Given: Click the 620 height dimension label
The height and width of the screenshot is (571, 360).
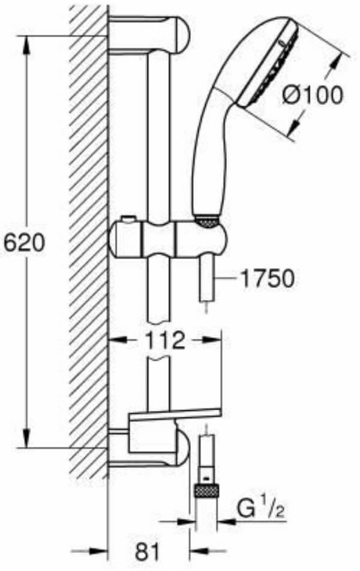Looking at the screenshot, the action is [24, 242].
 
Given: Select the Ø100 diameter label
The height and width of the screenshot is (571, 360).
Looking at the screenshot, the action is [313, 94].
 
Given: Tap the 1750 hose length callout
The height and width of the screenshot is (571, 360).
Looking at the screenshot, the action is [268, 278].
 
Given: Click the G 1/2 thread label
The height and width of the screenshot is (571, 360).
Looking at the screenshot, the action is [260, 508].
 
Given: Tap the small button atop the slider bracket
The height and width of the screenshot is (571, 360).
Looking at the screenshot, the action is [127, 220].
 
